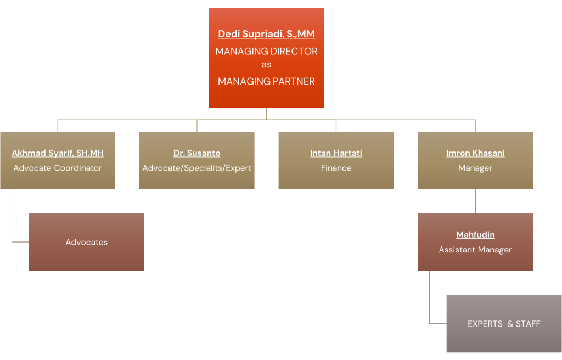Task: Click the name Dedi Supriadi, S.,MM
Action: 266,34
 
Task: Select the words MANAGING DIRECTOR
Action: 266,51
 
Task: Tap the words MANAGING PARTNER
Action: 266,81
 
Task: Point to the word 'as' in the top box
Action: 266,65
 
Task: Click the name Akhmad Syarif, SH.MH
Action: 58,153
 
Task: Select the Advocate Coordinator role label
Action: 58,168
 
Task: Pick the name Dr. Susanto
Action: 196,153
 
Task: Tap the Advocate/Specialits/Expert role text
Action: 196,168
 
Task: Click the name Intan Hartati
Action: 336,153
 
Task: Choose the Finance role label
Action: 336,168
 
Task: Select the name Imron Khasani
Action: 475,153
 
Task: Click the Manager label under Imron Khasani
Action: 475,168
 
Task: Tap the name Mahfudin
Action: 475,235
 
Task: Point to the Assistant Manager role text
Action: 475,250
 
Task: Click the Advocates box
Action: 86,242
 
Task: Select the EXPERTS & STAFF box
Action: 504,324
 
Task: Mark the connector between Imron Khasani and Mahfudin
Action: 475,201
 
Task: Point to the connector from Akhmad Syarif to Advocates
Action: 12,217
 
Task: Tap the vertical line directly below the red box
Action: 267,114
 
